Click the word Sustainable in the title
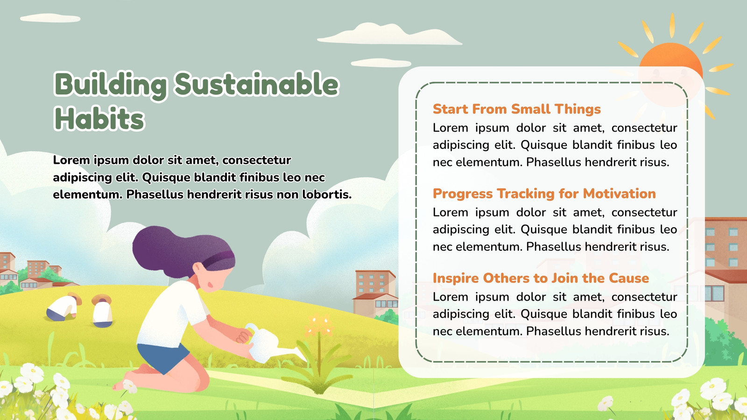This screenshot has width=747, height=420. [257, 84]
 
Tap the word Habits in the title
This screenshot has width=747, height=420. [99, 119]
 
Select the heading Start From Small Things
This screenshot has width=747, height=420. [516, 109]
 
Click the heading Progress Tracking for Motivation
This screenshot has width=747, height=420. [544, 194]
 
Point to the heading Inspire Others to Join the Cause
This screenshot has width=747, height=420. [541, 278]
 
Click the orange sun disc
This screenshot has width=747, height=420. [671, 67]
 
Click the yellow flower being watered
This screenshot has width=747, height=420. [319, 325]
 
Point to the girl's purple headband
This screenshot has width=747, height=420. [218, 259]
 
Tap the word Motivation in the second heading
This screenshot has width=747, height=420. [619, 194]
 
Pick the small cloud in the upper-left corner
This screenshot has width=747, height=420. [50, 18]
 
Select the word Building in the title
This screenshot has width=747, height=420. [111, 85]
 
